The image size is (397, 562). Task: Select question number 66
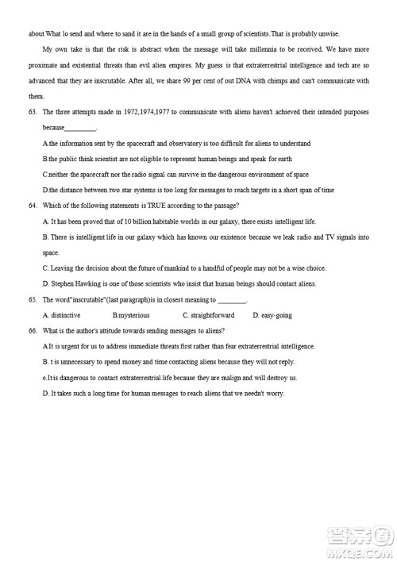[x=33, y=330]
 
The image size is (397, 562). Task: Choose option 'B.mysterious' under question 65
[x=131, y=315]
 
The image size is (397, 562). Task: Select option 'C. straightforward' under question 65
[x=209, y=315]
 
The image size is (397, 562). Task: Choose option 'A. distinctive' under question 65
[x=60, y=315]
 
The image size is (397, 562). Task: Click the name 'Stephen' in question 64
[x=64, y=283]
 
